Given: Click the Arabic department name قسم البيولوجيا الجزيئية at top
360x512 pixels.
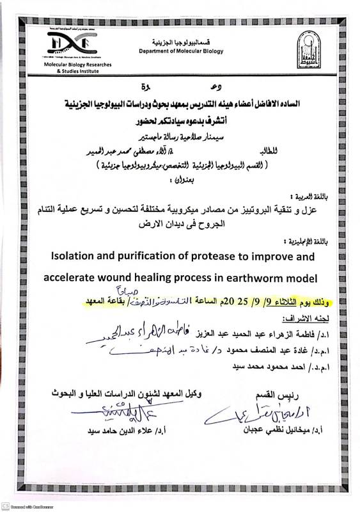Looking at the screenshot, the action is click(178, 40).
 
